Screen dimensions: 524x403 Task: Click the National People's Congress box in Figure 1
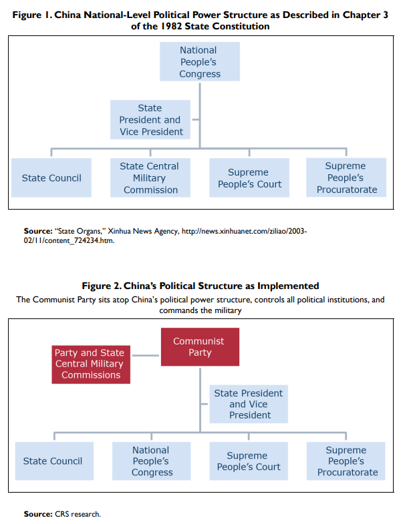199,62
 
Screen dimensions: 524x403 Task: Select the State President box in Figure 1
150,119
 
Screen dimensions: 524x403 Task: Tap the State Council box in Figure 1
51,178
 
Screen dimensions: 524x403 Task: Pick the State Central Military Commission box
150,178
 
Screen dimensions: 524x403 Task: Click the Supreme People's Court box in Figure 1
249,178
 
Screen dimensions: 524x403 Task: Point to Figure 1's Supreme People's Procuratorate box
346,178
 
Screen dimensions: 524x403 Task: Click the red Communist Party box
199,346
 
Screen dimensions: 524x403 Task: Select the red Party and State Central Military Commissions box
91,364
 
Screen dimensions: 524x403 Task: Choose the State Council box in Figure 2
52,461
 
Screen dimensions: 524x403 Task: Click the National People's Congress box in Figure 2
152,461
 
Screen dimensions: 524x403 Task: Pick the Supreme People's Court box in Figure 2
249,461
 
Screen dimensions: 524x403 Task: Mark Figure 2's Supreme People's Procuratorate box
346,461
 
